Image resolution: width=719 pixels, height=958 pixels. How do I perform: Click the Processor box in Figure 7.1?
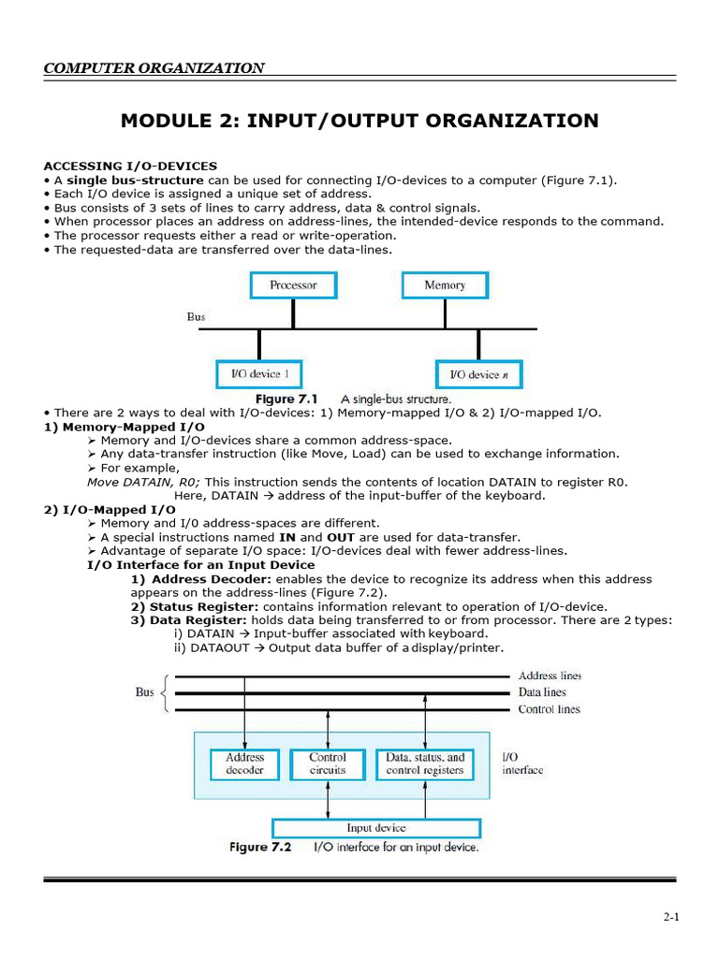tap(293, 284)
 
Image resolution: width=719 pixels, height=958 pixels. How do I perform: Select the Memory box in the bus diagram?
tap(444, 284)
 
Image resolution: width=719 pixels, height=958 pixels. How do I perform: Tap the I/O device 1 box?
tap(259, 374)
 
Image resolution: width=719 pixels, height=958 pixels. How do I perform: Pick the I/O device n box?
tap(477, 374)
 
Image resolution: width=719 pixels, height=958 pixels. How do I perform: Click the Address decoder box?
tap(244, 763)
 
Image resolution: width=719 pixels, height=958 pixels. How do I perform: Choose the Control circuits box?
tap(327, 763)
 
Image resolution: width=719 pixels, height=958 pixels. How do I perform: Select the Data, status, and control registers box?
tap(424, 763)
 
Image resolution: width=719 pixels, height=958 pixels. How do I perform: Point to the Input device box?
tap(375, 828)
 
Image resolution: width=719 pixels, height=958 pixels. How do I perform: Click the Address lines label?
tap(550, 675)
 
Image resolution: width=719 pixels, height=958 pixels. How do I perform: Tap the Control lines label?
tap(549, 709)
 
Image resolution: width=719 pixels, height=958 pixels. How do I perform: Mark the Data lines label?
tap(542, 692)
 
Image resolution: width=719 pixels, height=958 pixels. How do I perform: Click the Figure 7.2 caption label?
tap(261, 848)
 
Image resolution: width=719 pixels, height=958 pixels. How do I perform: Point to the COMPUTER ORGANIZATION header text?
tap(154, 67)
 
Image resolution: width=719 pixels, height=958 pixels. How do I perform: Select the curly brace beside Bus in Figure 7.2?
tap(166, 692)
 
